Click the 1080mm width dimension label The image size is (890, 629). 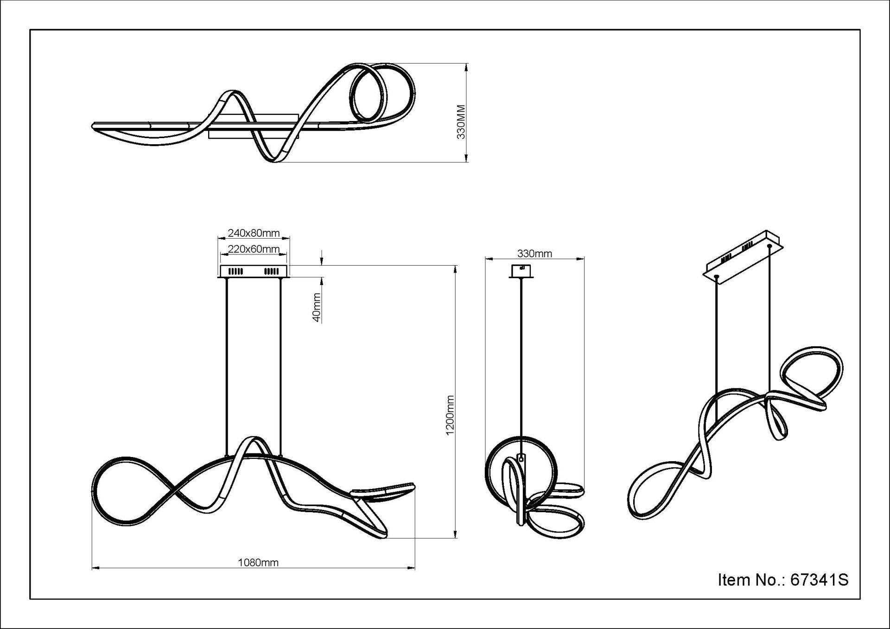(x=258, y=563)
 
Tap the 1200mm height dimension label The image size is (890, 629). (x=450, y=415)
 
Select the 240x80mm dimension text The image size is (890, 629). (x=254, y=233)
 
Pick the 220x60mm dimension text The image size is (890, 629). (x=254, y=249)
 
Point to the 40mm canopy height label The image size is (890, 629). (x=317, y=307)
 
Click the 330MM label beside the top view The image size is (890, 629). (x=461, y=122)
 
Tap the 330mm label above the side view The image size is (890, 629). (x=534, y=254)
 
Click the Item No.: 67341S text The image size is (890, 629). (x=783, y=580)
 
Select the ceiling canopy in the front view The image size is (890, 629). (x=254, y=271)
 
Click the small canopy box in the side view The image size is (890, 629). (x=521, y=271)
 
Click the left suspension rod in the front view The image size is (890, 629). (x=227, y=366)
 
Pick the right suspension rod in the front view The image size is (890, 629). (x=280, y=366)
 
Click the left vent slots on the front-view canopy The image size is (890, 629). (x=236, y=271)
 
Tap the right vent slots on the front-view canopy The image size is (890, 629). (x=271, y=271)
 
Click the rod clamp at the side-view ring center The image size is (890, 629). (x=521, y=458)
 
